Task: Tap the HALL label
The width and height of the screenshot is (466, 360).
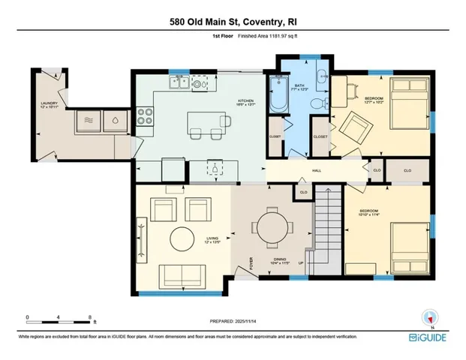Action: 317,170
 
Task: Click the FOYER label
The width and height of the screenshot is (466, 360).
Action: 251,265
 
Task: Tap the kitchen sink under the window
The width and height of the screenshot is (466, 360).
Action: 199,85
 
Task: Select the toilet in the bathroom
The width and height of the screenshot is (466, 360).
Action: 317,103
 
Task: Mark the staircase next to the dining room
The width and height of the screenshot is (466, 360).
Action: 323,232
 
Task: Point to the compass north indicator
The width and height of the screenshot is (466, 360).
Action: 429,316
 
